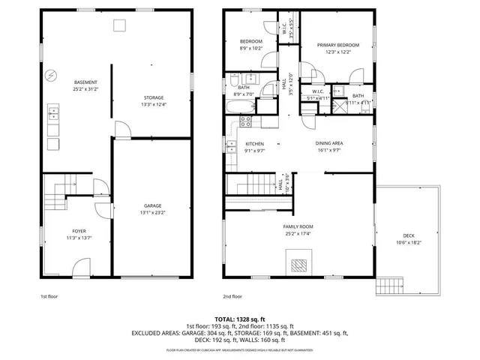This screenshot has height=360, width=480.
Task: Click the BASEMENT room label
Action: point(84,82)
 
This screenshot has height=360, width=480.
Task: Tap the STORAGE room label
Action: point(153,97)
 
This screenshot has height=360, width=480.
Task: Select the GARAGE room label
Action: point(153,205)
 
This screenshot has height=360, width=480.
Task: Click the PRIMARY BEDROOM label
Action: point(337,45)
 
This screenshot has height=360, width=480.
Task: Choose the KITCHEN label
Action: point(255,143)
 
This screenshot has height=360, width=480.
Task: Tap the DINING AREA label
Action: point(328,143)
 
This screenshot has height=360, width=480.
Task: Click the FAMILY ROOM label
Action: point(298,226)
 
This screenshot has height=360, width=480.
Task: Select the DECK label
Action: point(409,235)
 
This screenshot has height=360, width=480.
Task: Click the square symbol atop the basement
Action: point(119,25)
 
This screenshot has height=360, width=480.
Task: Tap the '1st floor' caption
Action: point(49,296)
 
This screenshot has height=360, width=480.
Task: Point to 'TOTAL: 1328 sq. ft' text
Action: point(240,319)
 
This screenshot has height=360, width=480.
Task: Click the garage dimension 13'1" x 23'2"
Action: point(153,212)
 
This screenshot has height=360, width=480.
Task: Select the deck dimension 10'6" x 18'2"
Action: point(409,242)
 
